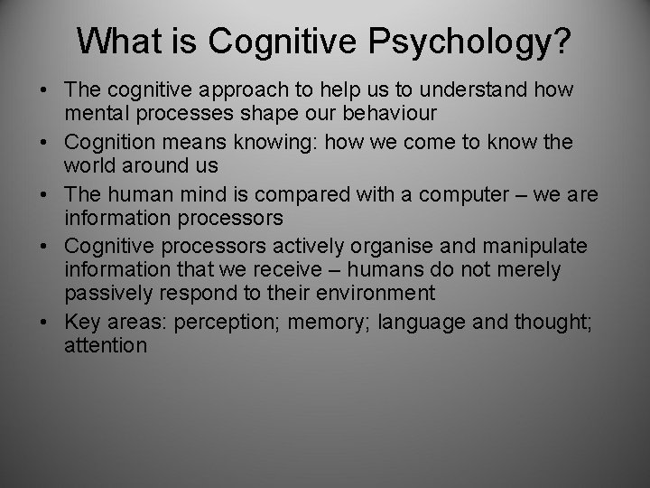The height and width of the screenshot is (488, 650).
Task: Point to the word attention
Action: [x=106, y=345]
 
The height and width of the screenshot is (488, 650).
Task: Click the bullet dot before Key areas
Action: [x=44, y=321]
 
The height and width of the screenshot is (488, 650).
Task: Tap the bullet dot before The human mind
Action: [x=44, y=194]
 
